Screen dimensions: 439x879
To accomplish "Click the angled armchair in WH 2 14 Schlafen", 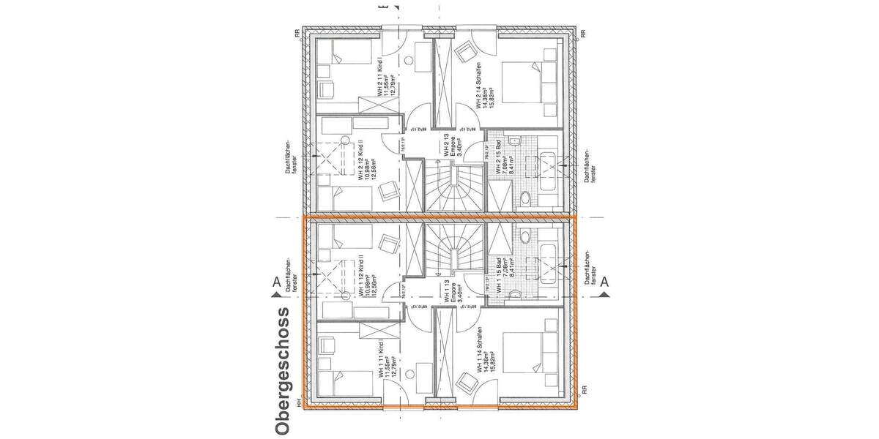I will coord(464,53).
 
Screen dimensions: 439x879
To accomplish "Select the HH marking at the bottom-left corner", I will coord(298,403).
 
